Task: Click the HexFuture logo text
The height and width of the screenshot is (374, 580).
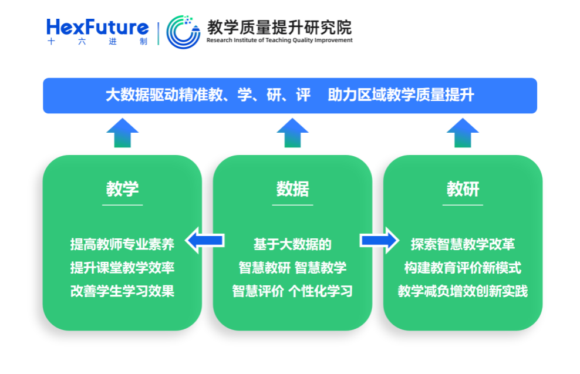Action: pyautogui.click(x=97, y=27)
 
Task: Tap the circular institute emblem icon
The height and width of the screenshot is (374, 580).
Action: pyautogui.click(x=183, y=32)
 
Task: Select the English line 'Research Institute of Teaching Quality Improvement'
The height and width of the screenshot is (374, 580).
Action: pyautogui.click(x=279, y=41)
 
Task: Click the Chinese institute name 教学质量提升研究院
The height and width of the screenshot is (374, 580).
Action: pyautogui.click(x=279, y=26)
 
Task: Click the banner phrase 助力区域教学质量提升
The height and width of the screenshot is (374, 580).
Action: pyautogui.click(x=401, y=95)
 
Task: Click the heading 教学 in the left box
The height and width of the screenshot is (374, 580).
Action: pyautogui.click(x=122, y=189)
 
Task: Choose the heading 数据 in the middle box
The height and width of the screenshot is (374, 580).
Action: pyautogui.click(x=292, y=189)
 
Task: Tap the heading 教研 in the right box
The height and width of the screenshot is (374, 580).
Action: pyautogui.click(x=463, y=189)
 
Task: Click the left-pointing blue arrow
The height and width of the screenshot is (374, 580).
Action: pyautogui.click(x=205, y=240)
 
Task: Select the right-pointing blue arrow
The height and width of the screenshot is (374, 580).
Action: pyautogui.click(x=379, y=240)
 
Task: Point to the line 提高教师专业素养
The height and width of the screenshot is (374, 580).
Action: pyautogui.click(x=122, y=244)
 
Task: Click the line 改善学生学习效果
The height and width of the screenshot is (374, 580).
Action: pyautogui.click(x=122, y=291)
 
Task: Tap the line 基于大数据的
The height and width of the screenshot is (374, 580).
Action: pyautogui.click(x=292, y=244)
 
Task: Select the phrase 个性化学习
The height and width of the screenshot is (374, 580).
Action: pyautogui.click(x=321, y=291)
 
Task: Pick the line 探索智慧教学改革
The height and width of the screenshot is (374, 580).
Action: pyautogui.click(x=463, y=244)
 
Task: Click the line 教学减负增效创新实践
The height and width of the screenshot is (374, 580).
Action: pyautogui.click(x=463, y=291)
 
